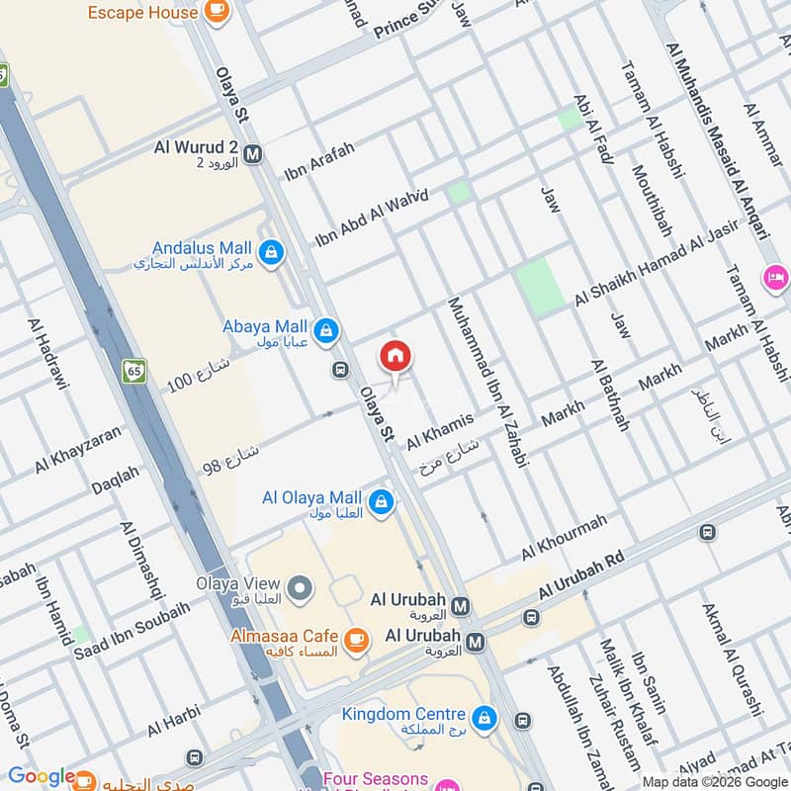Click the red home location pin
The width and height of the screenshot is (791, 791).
click(x=395, y=357)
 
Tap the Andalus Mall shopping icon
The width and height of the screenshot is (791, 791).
click(x=272, y=254)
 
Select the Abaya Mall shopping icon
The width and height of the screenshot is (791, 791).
click(x=325, y=329)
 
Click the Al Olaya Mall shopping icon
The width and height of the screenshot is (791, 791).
click(x=381, y=503)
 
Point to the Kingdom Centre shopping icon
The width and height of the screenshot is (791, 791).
click(x=483, y=719)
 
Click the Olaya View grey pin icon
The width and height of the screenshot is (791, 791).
click(x=301, y=590)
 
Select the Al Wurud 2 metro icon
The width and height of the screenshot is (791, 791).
click(x=253, y=153)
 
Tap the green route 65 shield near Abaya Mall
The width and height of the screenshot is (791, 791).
click(x=134, y=372)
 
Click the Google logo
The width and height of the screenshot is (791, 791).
click(x=42, y=777)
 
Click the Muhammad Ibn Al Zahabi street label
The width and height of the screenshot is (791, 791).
click(x=488, y=381)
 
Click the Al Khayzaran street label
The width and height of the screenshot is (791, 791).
click(x=78, y=449)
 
